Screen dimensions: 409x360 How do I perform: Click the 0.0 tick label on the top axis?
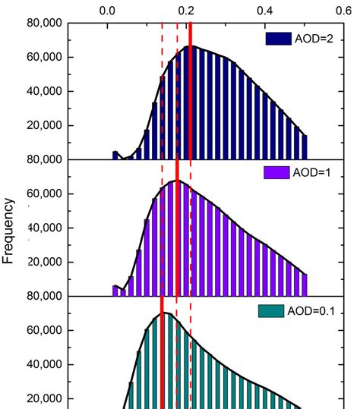coord(108,11)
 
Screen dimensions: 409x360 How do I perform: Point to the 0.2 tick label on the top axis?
coord(186,11)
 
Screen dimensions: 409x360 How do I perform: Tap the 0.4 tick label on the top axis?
coord(265,11)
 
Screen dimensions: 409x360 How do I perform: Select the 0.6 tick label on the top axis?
coord(343,11)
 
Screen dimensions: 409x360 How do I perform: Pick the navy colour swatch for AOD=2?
coord(278,38)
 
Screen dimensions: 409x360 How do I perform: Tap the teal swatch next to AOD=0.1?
coord(271,310)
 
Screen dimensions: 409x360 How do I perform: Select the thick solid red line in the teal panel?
coord(163,357)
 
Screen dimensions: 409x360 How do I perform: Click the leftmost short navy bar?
coord(115,155)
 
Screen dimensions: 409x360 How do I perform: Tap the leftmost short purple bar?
coord(115,291)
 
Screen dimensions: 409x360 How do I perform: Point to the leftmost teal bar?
coord(131,395)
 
